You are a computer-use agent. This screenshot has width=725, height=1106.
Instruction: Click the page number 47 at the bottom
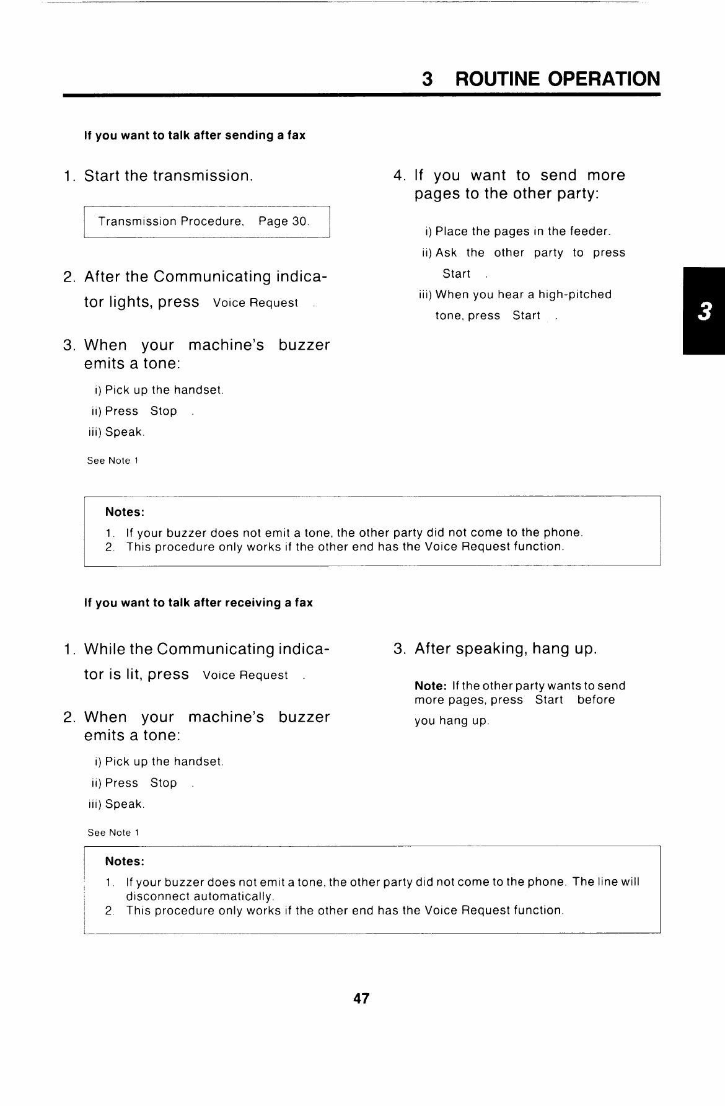[x=361, y=999]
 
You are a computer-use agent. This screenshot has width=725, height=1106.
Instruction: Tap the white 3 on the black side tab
[x=703, y=311]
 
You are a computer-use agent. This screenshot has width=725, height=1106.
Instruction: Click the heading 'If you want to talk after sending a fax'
[x=195, y=135]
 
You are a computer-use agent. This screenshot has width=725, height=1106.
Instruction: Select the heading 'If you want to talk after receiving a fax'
[x=198, y=603]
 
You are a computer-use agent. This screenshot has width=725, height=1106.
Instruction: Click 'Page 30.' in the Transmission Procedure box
[x=283, y=221]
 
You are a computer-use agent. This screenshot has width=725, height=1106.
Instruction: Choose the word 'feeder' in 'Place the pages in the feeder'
[x=589, y=232]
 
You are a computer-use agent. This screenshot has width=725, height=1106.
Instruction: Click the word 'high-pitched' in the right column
[x=574, y=294]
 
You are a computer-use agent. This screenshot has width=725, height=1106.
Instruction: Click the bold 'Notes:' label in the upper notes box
[x=125, y=512]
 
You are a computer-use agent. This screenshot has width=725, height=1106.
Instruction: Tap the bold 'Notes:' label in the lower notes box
[x=125, y=862]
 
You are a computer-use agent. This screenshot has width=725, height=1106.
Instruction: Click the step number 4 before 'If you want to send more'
[x=398, y=175]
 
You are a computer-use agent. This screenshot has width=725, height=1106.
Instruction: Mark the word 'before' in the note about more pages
[x=596, y=700]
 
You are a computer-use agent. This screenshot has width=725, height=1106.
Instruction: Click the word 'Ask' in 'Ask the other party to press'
[x=446, y=253]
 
